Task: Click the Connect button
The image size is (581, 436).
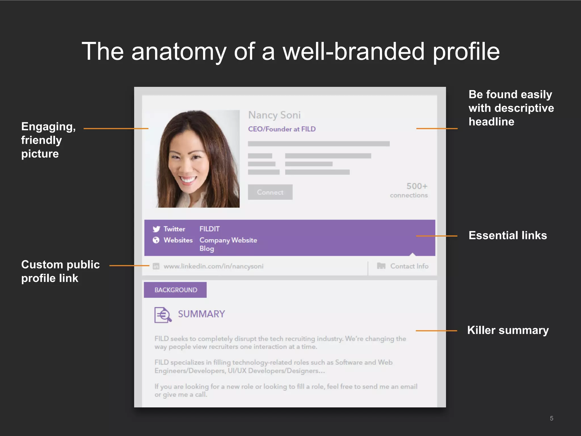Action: (270, 192)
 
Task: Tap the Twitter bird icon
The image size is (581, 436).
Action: (156, 229)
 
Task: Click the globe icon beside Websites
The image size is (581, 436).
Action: (156, 240)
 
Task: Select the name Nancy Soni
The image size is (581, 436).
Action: (274, 115)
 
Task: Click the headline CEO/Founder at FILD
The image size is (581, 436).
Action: (282, 129)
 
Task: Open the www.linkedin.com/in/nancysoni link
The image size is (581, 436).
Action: (213, 266)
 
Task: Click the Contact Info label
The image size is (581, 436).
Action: (409, 266)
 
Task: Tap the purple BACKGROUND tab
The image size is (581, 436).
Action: (175, 290)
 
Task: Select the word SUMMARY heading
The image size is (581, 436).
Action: (201, 314)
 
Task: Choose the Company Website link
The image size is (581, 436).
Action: (228, 240)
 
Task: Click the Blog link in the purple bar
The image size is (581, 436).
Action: (207, 249)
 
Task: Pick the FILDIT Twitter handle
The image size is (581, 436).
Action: (209, 229)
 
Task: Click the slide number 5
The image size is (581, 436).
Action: (551, 418)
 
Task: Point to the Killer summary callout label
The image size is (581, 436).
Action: (508, 330)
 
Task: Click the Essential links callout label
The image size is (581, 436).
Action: (508, 236)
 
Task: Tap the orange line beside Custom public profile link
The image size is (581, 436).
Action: (129, 266)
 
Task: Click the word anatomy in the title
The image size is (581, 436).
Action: (179, 52)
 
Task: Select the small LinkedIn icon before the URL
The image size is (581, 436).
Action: (156, 266)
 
